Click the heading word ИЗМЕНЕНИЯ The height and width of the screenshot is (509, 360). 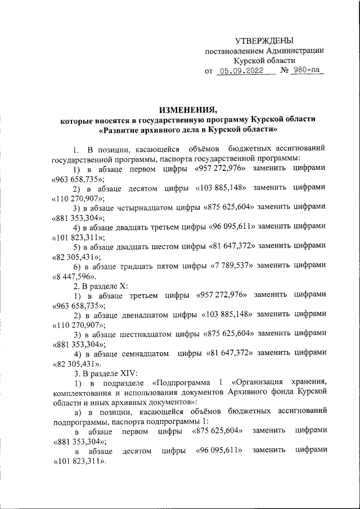click(x=188, y=109)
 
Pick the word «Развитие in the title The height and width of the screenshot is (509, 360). click(x=119, y=130)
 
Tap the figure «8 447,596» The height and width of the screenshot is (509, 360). click(x=74, y=276)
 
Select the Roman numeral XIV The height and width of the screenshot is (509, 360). click(x=121, y=373)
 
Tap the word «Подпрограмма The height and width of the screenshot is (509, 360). click(x=184, y=382)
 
